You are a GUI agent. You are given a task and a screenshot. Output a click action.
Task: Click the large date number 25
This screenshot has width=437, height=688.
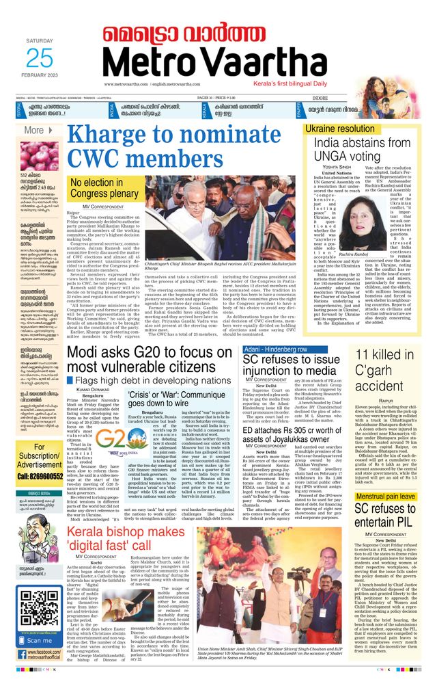tap(40, 59)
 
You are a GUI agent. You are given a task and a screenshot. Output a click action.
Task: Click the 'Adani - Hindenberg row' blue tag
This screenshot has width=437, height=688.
tap(276, 349)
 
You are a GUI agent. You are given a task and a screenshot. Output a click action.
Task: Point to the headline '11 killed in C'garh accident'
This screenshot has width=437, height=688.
tap(389, 373)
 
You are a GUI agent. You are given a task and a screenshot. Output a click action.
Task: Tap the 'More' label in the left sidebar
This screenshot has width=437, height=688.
tap(33, 130)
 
